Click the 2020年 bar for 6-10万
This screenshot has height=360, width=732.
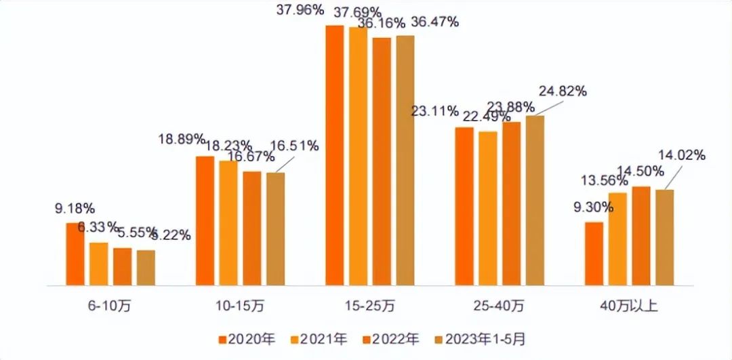click(75, 254)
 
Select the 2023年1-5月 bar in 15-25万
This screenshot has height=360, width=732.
click(405, 160)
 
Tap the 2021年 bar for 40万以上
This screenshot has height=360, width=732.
click(617, 239)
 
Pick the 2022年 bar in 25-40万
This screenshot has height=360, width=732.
click(511, 203)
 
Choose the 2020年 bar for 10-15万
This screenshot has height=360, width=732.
click(205, 220)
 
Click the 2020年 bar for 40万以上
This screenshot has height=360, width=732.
click(594, 253)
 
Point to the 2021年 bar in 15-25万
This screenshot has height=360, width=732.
click(358, 156)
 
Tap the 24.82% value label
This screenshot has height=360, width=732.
click(562, 91)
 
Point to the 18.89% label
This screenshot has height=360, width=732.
click(182, 140)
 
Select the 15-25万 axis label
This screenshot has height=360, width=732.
click(370, 306)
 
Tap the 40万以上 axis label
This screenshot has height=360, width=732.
click(628, 306)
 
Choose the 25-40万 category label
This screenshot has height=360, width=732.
click(500, 306)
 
